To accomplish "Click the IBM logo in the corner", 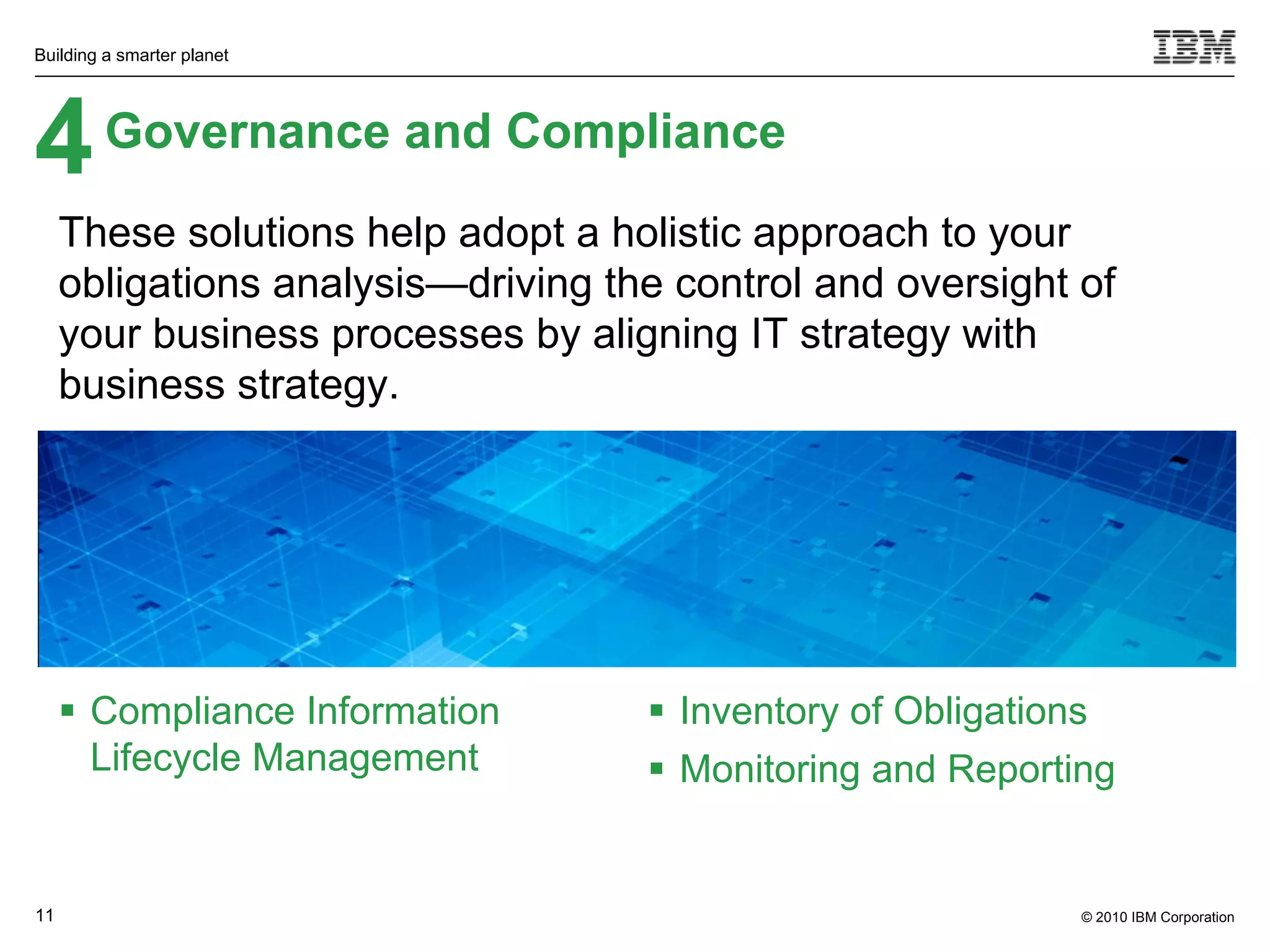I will [x=1194, y=47].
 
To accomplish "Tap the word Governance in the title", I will [x=247, y=131].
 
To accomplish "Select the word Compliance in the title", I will [x=646, y=131].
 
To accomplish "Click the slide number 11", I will [x=45, y=915].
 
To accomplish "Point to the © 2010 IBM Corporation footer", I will [x=1157, y=917].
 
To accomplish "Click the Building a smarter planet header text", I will [x=131, y=55].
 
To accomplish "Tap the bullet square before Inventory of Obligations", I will [x=657, y=709].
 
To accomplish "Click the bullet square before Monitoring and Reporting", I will [x=657, y=769].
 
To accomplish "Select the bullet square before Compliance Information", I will [x=68, y=709].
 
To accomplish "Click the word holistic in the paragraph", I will [x=676, y=233].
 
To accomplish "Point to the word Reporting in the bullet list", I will [x=1031, y=769].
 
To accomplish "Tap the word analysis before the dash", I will [x=349, y=284].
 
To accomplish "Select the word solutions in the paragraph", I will [x=270, y=233].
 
